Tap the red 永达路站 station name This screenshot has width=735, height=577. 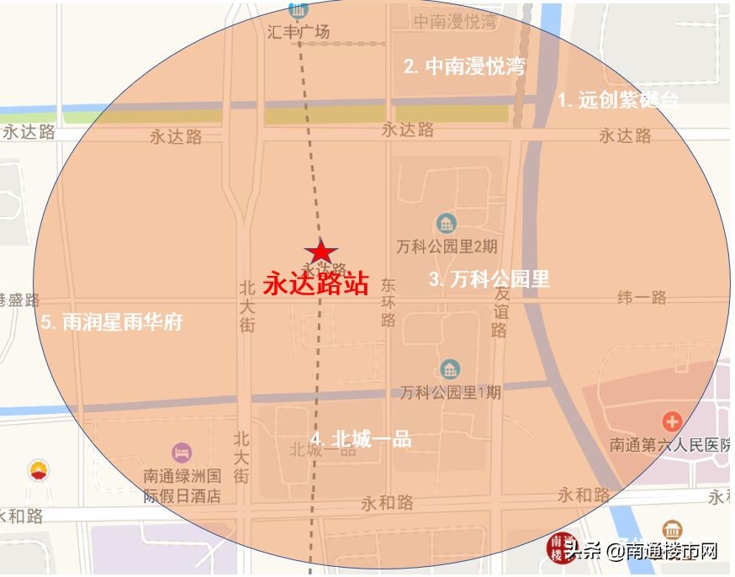tap(316, 283)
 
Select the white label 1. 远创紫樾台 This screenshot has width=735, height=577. tap(617, 100)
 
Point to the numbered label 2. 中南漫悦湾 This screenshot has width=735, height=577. tap(464, 66)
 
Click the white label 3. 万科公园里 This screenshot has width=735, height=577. tap(489, 279)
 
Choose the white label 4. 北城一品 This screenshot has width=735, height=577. tap(361, 439)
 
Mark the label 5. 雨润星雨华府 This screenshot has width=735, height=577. tap(112, 322)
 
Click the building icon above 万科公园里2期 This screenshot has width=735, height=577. tap(447, 224)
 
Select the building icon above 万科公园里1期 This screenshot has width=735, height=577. tap(451, 369)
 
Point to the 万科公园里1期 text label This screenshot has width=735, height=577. tap(450, 392)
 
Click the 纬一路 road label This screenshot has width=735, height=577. tap(642, 297)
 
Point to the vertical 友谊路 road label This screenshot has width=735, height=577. tap(501, 312)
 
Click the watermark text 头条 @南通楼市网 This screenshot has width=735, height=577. tap(641, 551)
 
